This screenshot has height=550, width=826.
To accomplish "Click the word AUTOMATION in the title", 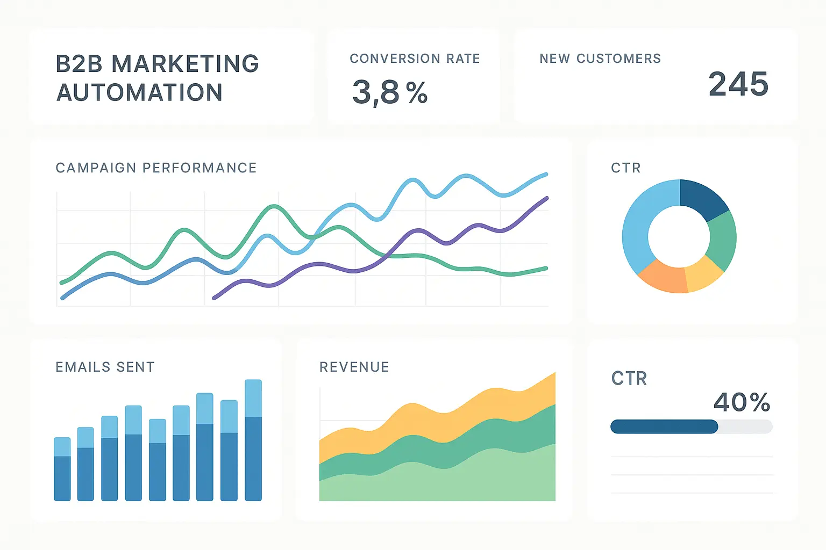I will [139, 92].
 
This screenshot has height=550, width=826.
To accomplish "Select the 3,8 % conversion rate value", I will [390, 92].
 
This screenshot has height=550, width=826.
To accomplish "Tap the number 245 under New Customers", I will [738, 84].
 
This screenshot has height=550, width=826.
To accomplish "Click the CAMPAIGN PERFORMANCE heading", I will [156, 168].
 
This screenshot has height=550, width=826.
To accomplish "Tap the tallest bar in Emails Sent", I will [253, 440].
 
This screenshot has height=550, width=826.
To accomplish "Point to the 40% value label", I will [742, 402].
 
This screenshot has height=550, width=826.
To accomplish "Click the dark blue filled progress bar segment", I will [664, 427].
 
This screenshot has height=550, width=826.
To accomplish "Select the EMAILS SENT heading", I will [105, 367].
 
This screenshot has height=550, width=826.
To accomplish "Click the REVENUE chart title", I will [354, 367].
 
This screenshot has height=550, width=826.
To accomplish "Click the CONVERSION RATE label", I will [415, 59].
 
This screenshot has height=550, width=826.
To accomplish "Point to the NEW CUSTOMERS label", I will [600, 59].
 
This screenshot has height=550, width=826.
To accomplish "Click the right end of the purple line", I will [546, 199].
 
